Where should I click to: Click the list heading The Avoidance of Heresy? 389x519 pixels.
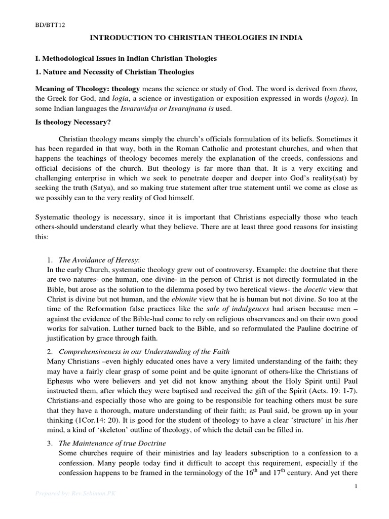(99, 260)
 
